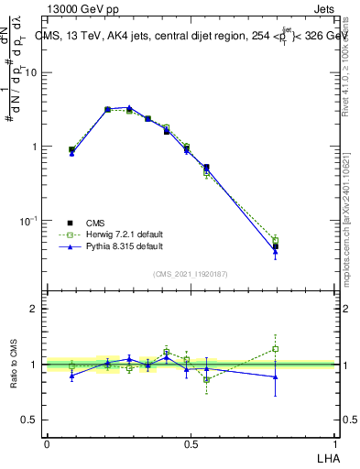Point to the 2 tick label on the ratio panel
pyautogui.click(x=35, y=310)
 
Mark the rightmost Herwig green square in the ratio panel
pyautogui.click(x=275, y=349)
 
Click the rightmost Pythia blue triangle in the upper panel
pyautogui.click(x=275, y=251)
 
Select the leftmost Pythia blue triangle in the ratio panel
pyautogui.click(x=72, y=376)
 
